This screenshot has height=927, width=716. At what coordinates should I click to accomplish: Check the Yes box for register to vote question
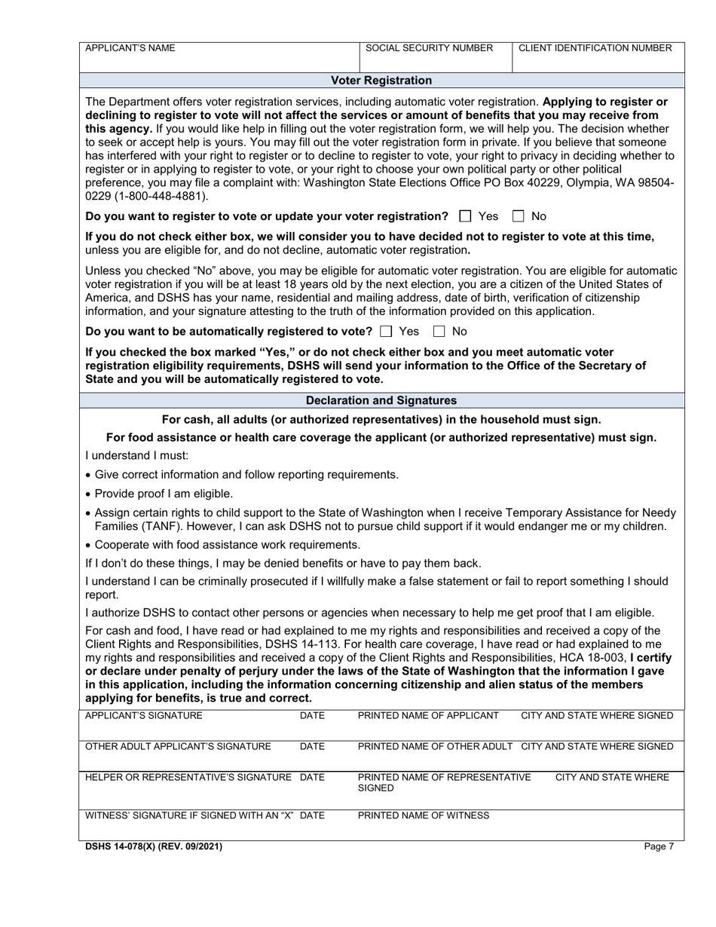tap(465, 216)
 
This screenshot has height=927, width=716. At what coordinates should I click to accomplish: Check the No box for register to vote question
tap(518, 216)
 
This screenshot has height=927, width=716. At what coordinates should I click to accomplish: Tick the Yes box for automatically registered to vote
tap(387, 332)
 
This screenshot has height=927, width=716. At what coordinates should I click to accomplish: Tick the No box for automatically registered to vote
tap(439, 332)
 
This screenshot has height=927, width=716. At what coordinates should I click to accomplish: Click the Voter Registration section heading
tap(382, 81)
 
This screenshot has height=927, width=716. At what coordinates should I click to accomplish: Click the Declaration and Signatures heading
tap(382, 401)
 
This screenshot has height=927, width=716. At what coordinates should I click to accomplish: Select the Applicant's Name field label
tap(130, 48)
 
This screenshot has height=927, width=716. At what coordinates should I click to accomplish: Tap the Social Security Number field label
tap(429, 48)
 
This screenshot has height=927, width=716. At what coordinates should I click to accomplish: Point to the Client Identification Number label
tap(595, 48)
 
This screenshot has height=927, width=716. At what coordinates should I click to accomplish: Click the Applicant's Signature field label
tap(144, 716)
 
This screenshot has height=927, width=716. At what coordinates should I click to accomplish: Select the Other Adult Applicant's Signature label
tap(178, 747)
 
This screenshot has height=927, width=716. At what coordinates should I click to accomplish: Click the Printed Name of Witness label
tap(424, 815)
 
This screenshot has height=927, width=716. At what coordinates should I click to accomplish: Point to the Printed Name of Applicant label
tap(428, 716)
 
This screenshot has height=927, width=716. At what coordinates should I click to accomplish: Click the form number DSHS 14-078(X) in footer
tap(154, 847)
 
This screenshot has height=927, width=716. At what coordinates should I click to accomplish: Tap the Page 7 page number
tap(659, 847)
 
